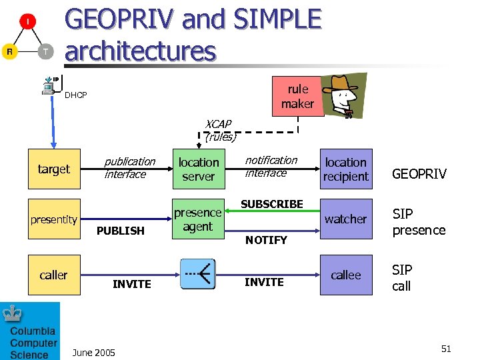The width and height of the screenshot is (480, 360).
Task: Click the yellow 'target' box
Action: tap(54, 169)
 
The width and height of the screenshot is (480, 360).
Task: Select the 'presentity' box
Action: tap(54, 220)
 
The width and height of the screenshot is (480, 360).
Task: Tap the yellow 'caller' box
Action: tap(54, 275)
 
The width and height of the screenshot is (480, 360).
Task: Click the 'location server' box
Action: tap(199, 169)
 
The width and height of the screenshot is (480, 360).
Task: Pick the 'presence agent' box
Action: tap(197, 220)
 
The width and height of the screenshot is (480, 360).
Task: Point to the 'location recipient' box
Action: tap(345, 169)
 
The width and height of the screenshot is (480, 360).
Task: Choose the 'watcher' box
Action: tap(345, 219)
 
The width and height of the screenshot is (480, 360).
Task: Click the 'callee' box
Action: tap(345, 275)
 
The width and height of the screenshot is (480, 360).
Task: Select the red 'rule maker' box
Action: tap(297, 97)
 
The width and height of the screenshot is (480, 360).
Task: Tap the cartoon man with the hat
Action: tap(344, 95)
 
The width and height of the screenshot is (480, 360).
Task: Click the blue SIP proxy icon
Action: tap(197, 273)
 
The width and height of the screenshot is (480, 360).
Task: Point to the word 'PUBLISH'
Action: tap(120, 231)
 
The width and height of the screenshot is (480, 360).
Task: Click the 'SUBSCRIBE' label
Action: tap(272, 204)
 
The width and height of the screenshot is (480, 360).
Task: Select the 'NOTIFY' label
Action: tap(266, 240)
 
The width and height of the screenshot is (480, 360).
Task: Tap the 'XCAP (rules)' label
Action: tap(220, 131)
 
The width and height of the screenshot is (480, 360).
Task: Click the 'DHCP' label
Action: tap(75, 95)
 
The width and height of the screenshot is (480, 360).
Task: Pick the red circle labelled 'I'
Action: tap(27, 22)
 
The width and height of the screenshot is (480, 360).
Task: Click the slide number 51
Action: tap(446, 349)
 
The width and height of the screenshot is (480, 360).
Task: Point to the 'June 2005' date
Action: tap(93, 352)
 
